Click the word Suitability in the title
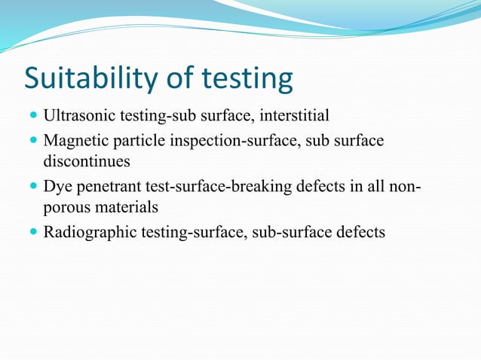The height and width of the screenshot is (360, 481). (86, 78)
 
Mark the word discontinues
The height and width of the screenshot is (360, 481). (87, 161)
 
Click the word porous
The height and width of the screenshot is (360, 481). (67, 206)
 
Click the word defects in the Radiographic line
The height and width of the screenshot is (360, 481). (360, 231)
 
